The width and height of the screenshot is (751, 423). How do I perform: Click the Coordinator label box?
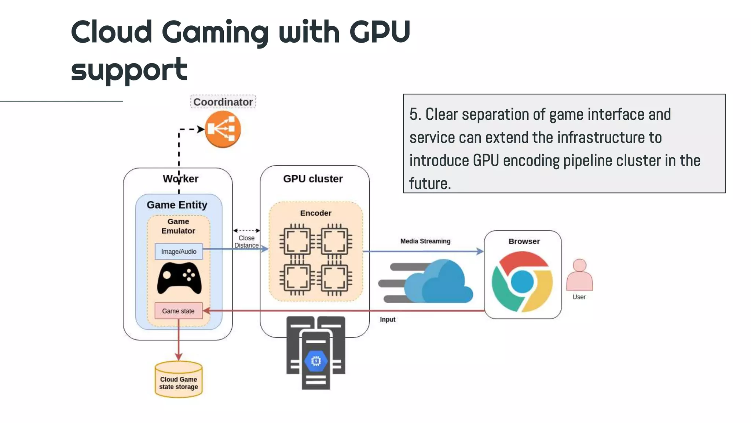(x=223, y=102)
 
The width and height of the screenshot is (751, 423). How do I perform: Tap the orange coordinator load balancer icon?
(x=223, y=129)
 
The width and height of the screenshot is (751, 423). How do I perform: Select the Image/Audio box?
(x=179, y=252)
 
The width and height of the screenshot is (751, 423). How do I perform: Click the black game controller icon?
(x=179, y=278)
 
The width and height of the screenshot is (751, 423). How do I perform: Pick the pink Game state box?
(x=178, y=311)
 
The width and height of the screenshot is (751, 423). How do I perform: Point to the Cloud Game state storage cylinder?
(x=179, y=380)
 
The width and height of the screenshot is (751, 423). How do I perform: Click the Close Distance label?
(x=246, y=242)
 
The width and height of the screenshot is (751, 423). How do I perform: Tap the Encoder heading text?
(x=315, y=213)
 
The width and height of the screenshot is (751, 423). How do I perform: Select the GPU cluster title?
(x=313, y=179)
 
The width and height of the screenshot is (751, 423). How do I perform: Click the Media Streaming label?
(x=425, y=241)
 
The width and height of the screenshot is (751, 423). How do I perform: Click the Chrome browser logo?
(x=522, y=282)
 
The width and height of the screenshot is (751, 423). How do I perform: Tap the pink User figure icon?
(x=579, y=275)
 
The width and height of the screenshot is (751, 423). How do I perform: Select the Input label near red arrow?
(x=387, y=319)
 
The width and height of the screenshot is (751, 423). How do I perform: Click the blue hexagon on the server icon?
(x=316, y=361)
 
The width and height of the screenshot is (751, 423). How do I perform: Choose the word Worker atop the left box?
(x=180, y=179)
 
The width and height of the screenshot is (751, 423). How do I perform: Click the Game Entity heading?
(x=177, y=205)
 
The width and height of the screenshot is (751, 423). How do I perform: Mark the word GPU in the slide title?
(x=380, y=32)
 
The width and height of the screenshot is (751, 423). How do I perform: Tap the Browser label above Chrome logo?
(x=524, y=241)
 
